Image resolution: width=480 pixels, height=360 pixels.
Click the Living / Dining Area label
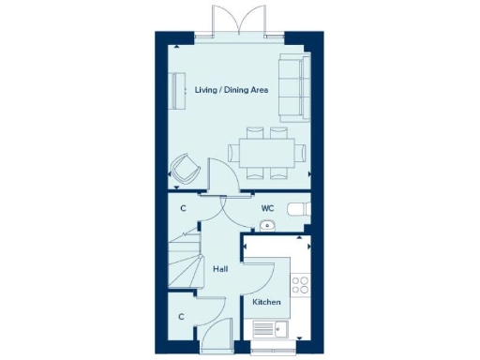(x=232, y=90)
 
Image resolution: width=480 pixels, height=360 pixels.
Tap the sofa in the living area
(x=295, y=87)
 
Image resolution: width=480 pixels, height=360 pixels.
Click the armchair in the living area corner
(x=185, y=170)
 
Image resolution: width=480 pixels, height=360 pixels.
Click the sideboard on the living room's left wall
(x=175, y=92)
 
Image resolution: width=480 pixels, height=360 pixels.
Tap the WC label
(x=267, y=208)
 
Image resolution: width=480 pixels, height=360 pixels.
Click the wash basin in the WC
(x=266, y=225)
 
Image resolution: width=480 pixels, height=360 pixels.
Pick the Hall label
(x=220, y=269)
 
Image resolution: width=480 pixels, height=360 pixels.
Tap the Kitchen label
(x=266, y=304)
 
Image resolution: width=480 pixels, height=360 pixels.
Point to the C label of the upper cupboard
(x=183, y=208)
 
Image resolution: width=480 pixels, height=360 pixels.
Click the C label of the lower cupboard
(x=182, y=317)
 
